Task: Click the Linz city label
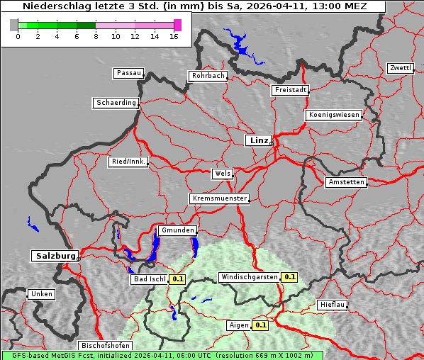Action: (x=258, y=140)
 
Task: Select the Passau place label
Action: (x=128, y=73)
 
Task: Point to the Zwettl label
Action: (x=400, y=68)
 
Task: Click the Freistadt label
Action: (x=290, y=90)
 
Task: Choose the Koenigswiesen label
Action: (x=334, y=115)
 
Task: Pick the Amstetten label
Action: (x=346, y=182)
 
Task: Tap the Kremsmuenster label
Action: (x=220, y=198)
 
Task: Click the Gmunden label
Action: (x=177, y=230)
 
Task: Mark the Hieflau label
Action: (x=333, y=305)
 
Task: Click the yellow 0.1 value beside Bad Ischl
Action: (x=177, y=279)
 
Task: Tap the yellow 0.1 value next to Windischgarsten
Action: (x=289, y=277)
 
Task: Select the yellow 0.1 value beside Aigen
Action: (x=260, y=325)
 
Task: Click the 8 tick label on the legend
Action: (x=96, y=35)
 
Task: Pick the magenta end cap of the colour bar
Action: (x=177, y=25)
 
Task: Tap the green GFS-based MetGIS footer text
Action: (x=162, y=355)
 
